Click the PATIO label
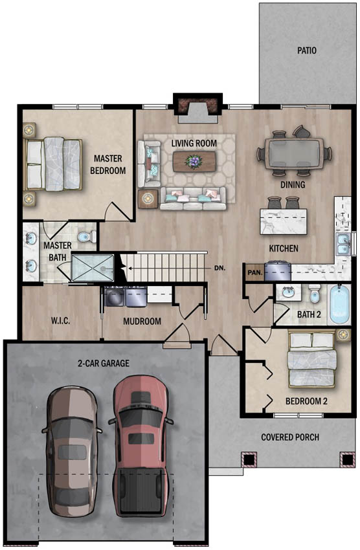[307, 50]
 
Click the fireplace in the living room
[198, 108]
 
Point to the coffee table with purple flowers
[194, 161]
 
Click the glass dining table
[294, 153]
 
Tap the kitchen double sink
[343, 244]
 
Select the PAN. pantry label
[254, 272]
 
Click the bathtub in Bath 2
[340, 305]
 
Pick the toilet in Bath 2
[315, 294]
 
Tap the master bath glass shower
[93, 268]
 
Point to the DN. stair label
[219, 269]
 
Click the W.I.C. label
[61, 320]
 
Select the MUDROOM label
[142, 321]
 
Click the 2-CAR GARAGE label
[104, 363]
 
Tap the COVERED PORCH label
[290, 437]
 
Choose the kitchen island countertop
[284, 221]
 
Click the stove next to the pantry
[278, 270]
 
